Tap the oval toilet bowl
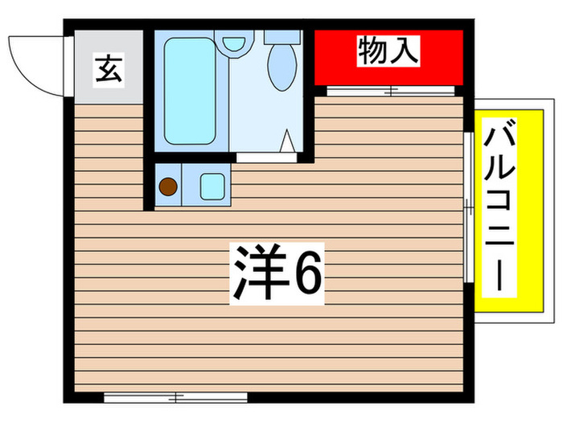(x=282, y=68)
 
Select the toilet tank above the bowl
(x=281, y=37)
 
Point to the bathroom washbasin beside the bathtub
(x=234, y=41)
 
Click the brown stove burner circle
(x=167, y=187)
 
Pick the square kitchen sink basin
(x=212, y=186)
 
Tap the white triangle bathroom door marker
(x=286, y=142)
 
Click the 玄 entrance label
(x=109, y=69)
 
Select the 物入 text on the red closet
(x=388, y=53)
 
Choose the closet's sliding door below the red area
(x=391, y=90)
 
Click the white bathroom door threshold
(x=265, y=158)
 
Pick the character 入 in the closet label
(x=405, y=53)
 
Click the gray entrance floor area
(x=109, y=80)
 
